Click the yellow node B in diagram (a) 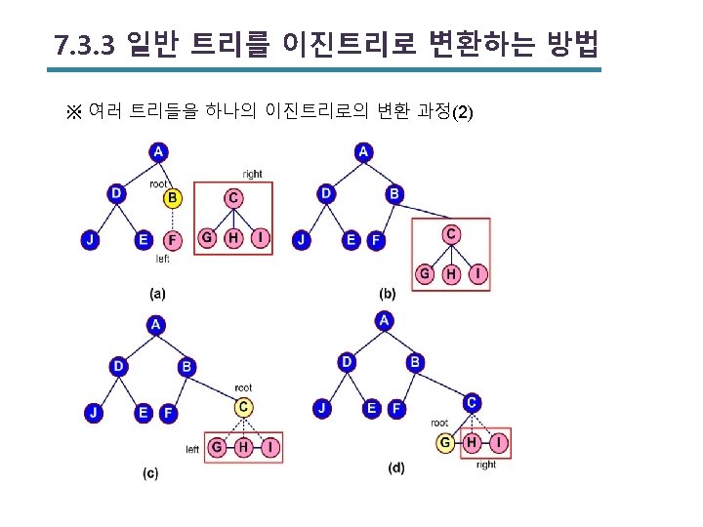(x=172, y=198)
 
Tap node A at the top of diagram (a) (x=158, y=151)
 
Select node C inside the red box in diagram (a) (x=233, y=198)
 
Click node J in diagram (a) (x=90, y=239)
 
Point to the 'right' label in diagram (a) (x=252, y=175)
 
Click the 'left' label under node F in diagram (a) (x=163, y=260)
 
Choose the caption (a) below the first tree (x=157, y=292)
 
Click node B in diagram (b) (x=394, y=194)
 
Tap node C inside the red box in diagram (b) (x=451, y=234)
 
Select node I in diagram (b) (x=477, y=274)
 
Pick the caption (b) (x=388, y=293)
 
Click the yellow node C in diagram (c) (x=244, y=407)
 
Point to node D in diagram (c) (x=119, y=366)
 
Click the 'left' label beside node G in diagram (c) (x=192, y=449)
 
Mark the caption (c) (x=150, y=473)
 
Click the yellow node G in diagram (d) (x=445, y=443)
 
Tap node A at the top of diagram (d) (x=385, y=320)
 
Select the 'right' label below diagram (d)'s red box (x=486, y=466)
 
